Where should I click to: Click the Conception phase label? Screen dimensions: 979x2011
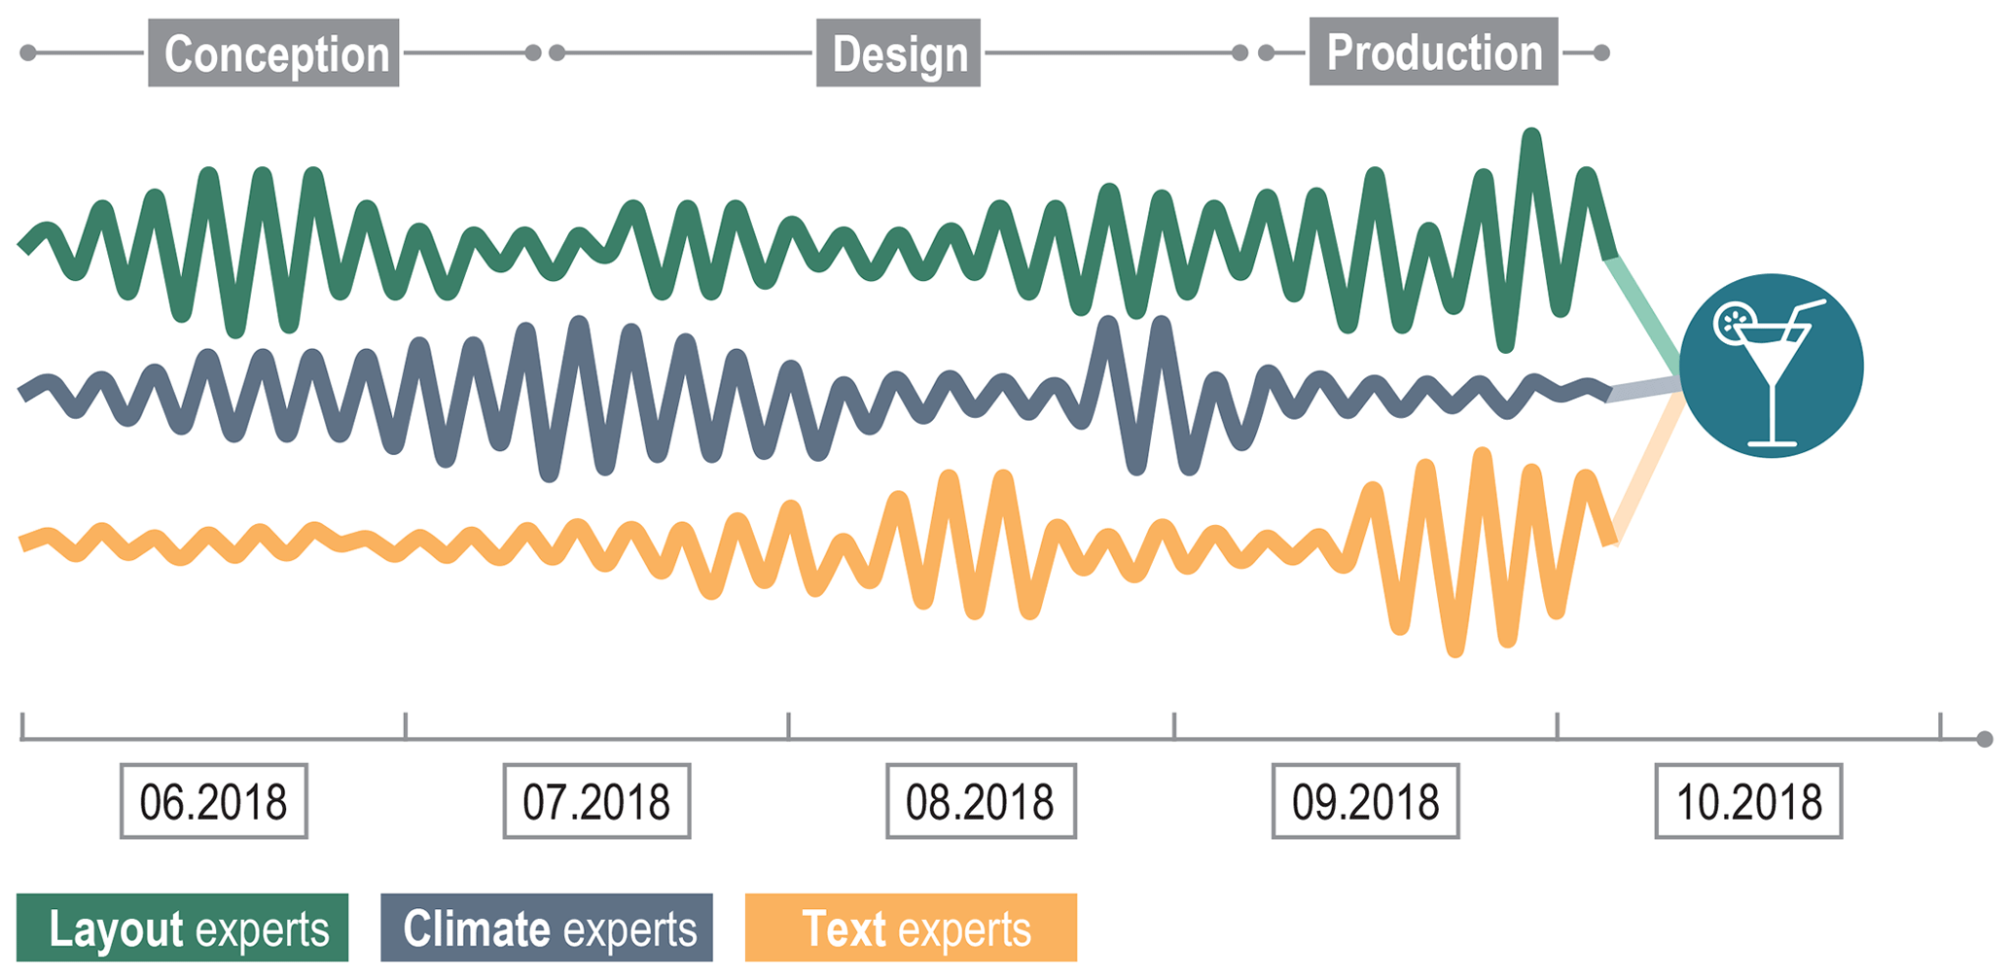click(x=273, y=53)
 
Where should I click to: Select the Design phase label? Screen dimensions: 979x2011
click(x=898, y=53)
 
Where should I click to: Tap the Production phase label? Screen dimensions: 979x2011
click(x=1433, y=52)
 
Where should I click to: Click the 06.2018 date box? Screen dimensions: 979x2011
click(x=214, y=801)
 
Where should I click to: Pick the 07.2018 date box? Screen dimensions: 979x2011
click(x=596, y=801)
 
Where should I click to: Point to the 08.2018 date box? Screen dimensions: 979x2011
click(x=981, y=801)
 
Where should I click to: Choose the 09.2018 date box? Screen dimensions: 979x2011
click(x=1365, y=801)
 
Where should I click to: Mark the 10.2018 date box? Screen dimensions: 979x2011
click(x=1748, y=801)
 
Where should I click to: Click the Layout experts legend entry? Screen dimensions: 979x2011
click(x=183, y=928)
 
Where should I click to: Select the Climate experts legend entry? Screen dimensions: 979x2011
click(x=547, y=928)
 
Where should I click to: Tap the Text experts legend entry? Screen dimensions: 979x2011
click(x=911, y=928)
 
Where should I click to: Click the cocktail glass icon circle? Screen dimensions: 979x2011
click(x=1771, y=366)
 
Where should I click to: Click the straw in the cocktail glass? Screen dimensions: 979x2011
click(x=1806, y=313)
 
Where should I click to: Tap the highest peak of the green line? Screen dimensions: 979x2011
click(x=1531, y=134)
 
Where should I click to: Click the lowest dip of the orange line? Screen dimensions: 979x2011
click(x=1455, y=649)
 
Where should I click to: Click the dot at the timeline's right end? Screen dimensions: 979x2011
click(x=1985, y=740)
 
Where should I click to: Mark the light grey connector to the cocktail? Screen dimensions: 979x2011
click(x=1644, y=390)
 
